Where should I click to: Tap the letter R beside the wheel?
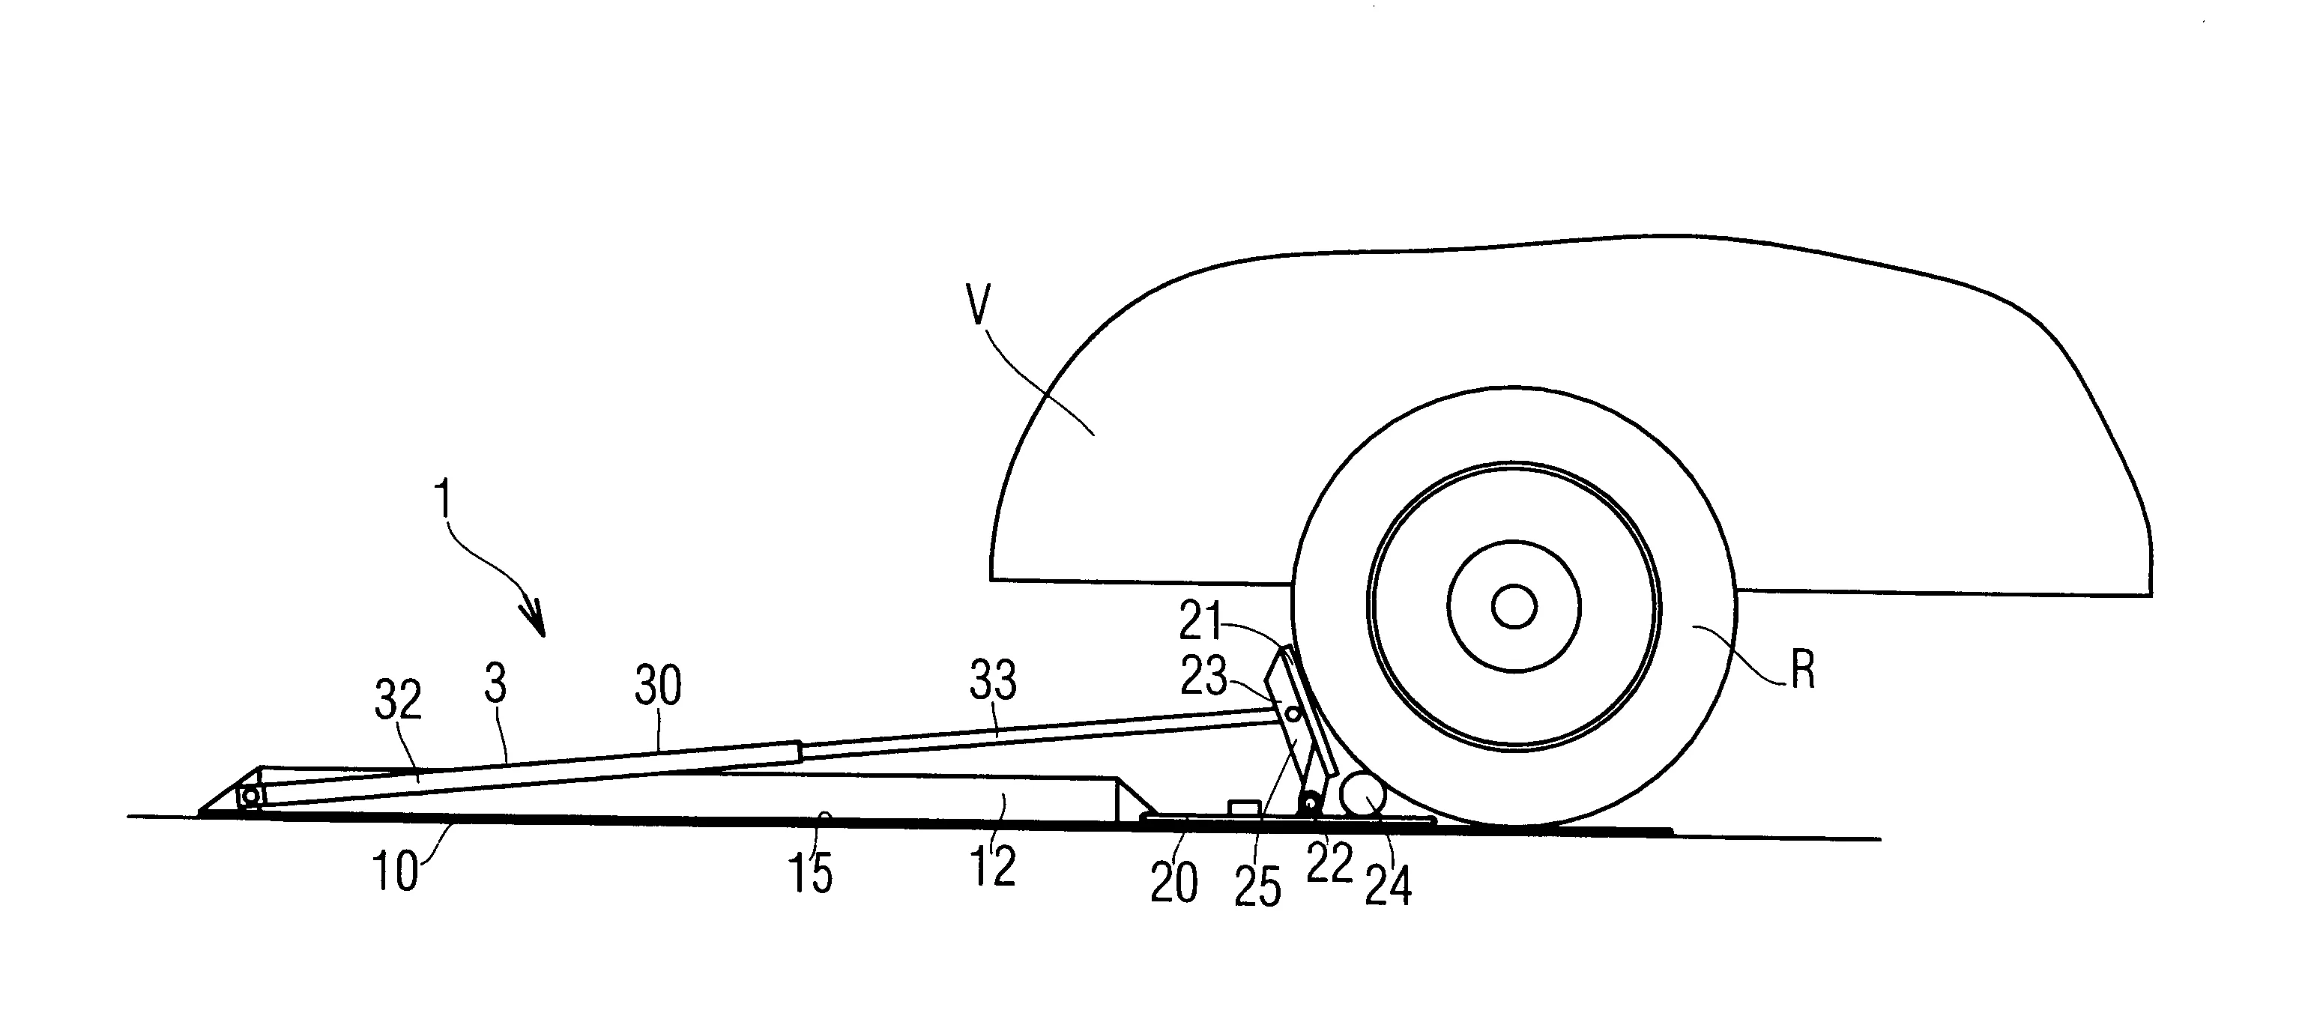(1803, 670)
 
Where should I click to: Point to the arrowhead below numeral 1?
(535, 620)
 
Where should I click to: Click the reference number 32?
(398, 700)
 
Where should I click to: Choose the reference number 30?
(659, 686)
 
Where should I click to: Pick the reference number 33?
(993, 681)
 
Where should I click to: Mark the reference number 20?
(1173, 883)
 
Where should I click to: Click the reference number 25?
(1258, 887)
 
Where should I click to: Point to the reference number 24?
(1388, 886)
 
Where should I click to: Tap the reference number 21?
(1200, 621)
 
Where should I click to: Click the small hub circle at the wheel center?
(1514, 608)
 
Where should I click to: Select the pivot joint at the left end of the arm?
(250, 796)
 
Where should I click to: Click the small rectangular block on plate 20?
(1244, 808)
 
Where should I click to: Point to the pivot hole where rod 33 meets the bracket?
(1292, 713)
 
